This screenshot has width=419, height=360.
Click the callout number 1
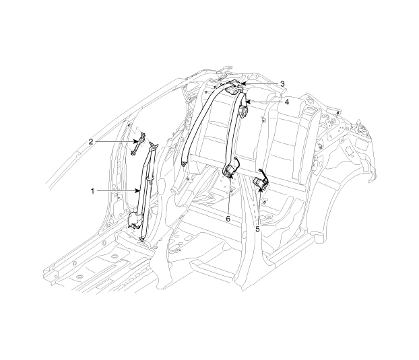[x=92, y=191]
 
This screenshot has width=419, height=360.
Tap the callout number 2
[x=91, y=142]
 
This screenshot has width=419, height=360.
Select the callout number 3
[x=282, y=84]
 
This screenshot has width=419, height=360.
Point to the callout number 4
[x=286, y=102]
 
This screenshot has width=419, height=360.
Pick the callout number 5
[x=257, y=229]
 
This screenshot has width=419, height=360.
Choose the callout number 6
[x=228, y=219]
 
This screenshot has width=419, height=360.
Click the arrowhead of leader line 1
[x=137, y=191]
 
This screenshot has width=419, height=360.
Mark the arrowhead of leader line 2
[x=137, y=141]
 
